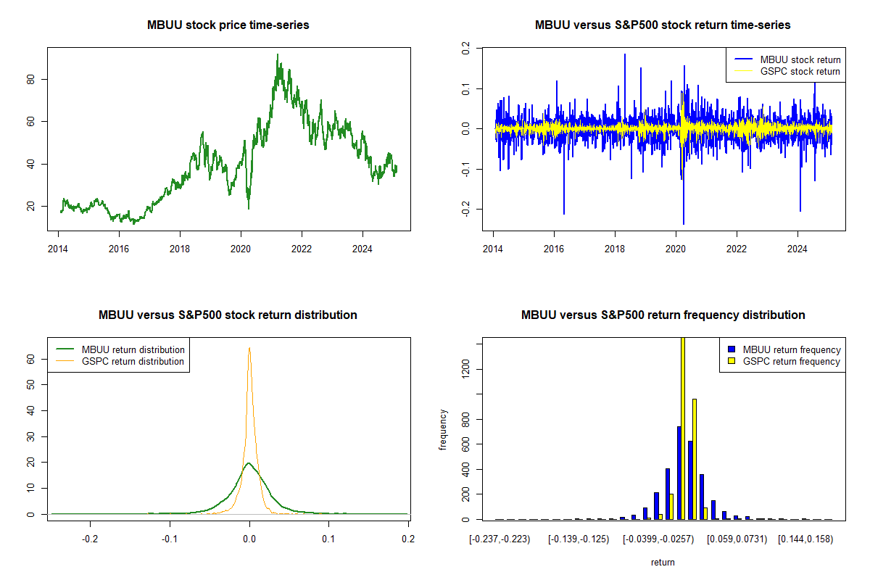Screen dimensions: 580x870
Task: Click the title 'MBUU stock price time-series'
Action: pos(228,25)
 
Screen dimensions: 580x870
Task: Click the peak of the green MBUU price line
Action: pos(277,54)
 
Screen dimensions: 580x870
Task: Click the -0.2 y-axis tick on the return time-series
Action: pos(465,210)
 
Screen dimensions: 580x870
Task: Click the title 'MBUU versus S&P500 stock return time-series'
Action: pos(663,25)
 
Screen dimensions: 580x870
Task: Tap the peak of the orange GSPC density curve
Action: pos(249,348)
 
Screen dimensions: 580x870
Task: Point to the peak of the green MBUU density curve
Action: pos(249,463)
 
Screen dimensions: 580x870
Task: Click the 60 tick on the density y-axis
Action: pos(31,358)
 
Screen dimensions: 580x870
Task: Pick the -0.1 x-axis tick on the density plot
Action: pos(170,539)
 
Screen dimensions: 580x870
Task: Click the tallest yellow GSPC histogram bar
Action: pos(682,428)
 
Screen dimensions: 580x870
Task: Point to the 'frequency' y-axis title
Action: pos(443,430)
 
